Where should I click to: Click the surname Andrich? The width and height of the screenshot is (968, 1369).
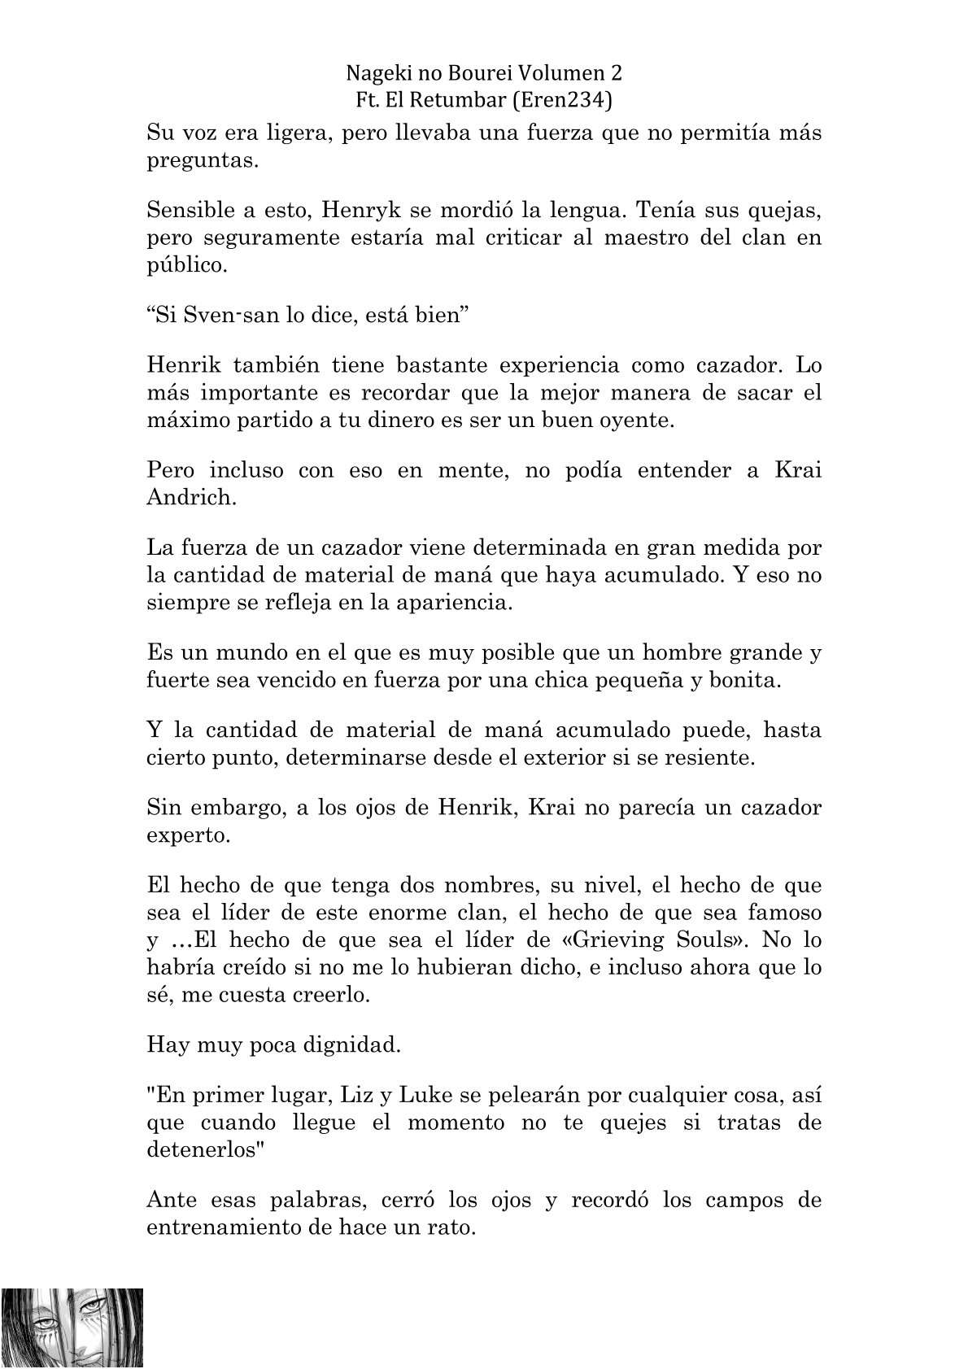tap(192, 497)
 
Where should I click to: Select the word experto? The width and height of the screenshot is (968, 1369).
tap(189, 835)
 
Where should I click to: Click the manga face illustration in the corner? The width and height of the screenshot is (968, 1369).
tap(72, 1328)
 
